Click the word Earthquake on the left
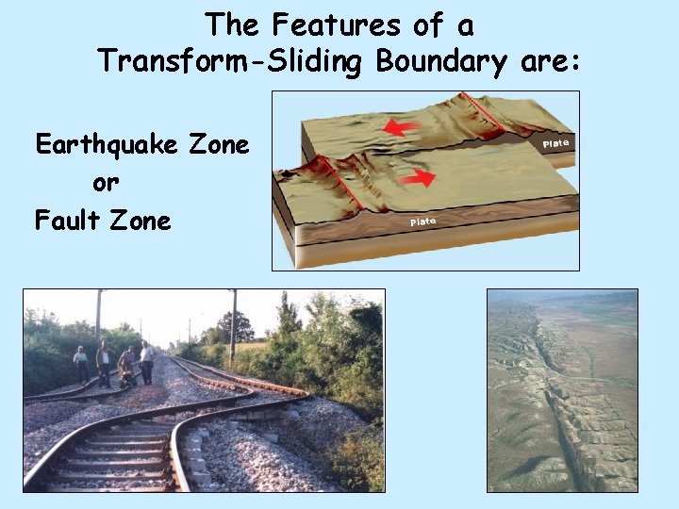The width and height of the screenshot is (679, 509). click(103, 145)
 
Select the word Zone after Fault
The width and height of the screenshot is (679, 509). click(140, 221)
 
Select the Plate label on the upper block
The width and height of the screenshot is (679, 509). click(555, 143)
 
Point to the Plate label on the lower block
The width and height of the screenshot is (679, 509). click(422, 222)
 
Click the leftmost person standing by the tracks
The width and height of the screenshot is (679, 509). click(82, 363)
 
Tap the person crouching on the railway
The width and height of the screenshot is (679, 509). click(126, 367)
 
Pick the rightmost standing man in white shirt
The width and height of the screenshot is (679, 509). click(147, 361)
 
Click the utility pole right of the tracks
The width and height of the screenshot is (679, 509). click(233, 326)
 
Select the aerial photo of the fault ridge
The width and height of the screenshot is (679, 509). click(562, 390)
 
